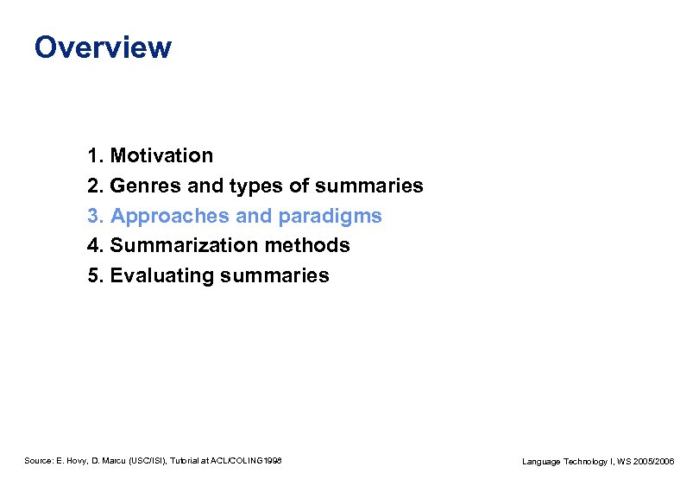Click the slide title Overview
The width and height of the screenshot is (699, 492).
click(x=103, y=47)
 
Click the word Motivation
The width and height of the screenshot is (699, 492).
click(x=161, y=156)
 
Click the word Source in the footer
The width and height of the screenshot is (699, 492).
click(x=38, y=462)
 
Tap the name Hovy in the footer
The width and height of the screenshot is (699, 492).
click(x=75, y=462)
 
